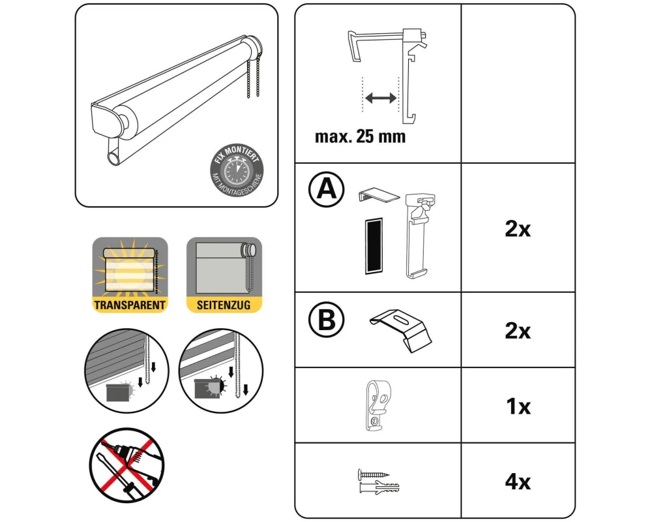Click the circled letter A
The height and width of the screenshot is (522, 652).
click(327, 189)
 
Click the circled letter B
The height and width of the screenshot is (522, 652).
click(327, 320)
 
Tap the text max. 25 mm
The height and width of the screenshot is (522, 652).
click(360, 136)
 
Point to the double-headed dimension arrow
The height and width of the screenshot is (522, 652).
click(381, 99)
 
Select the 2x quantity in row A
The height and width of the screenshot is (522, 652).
click(518, 228)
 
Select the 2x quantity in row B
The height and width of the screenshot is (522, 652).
click(518, 331)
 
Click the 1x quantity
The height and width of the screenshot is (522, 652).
click(518, 407)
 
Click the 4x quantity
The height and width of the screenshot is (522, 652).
click(518, 482)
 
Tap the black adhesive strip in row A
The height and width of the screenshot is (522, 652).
click(374, 246)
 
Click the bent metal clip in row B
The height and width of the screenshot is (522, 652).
click(401, 330)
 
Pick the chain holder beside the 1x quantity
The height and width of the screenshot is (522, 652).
click(378, 405)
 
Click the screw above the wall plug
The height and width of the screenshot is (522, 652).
click(374, 474)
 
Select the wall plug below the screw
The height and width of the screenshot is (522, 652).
click(378, 487)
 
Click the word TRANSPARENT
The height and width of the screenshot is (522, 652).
click(130, 305)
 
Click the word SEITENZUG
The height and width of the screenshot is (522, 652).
click(224, 305)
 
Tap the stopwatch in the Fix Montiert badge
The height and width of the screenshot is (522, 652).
click(236, 170)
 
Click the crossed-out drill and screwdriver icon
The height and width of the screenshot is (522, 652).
click(127, 465)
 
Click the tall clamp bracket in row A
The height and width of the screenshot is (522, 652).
click(421, 235)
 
